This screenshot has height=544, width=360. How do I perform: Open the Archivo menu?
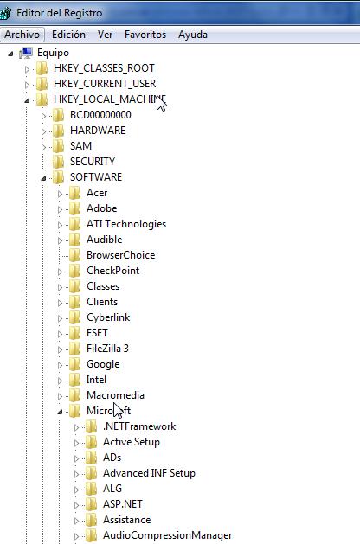(22, 35)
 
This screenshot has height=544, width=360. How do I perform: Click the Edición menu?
(68, 35)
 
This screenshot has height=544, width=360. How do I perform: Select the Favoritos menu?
(145, 35)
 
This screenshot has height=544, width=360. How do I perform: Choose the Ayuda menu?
(193, 35)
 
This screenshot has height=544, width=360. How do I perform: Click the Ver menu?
(105, 35)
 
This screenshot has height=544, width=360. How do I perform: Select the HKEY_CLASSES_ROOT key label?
(104, 68)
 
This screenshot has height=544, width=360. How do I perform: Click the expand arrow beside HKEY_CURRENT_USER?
(27, 85)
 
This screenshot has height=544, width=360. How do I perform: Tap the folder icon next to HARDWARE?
(58, 131)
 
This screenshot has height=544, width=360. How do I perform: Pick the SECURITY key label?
(93, 162)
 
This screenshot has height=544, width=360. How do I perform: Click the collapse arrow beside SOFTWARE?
(43, 178)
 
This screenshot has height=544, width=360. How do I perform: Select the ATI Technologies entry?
(126, 224)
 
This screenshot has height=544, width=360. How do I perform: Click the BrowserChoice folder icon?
(75, 255)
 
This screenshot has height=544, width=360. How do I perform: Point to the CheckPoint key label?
(112, 271)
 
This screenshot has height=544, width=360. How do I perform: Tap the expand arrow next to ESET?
(60, 334)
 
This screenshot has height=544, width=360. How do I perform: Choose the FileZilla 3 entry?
(107, 349)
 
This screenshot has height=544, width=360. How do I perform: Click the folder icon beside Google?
(75, 364)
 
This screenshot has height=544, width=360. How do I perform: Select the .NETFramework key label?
(139, 426)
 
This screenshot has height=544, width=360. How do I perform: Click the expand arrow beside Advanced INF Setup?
(76, 474)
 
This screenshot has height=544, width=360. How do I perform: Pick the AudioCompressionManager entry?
(167, 535)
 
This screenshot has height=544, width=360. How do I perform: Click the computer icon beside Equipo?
(27, 53)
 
